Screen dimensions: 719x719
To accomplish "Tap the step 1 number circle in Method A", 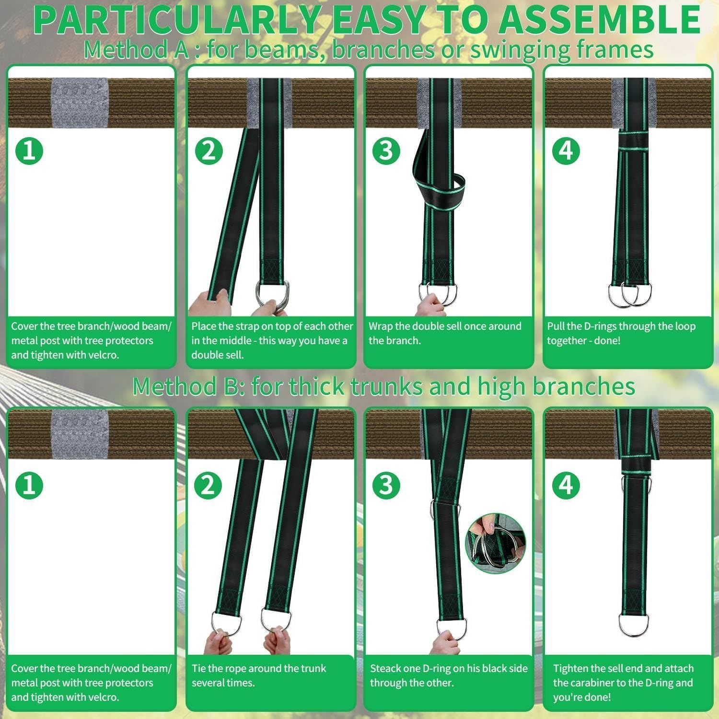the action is click(x=29, y=151).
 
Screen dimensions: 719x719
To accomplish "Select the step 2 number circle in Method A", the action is click(x=209, y=151).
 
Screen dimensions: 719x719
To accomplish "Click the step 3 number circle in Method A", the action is click(x=386, y=151).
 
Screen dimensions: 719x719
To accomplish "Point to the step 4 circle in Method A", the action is click(x=566, y=151).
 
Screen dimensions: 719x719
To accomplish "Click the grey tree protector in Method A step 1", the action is click(x=80, y=103).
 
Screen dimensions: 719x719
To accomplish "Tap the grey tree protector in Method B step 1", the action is click(x=80, y=434).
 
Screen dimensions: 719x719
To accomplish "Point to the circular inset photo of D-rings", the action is click(x=495, y=543).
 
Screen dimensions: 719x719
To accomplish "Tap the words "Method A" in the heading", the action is click(x=137, y=50).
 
